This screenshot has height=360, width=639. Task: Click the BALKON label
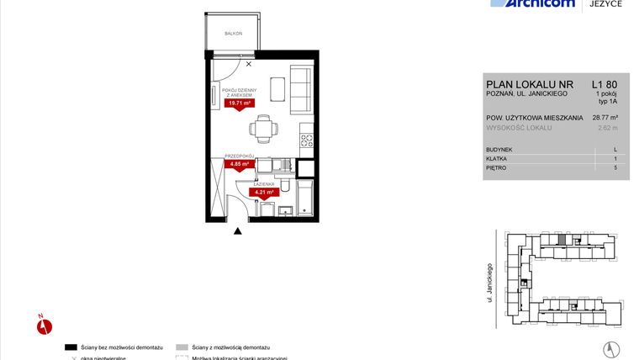tap(233, 34)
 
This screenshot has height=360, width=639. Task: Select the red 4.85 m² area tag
tap(240, 164)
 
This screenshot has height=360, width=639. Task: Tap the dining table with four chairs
tap(263, 129)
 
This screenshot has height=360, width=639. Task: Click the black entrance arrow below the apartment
tap(238, 231)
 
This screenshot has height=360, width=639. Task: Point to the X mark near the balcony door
tap(248, 63)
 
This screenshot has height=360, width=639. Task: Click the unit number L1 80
tap(604, 84)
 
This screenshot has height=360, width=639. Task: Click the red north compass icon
tap(45, 324)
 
